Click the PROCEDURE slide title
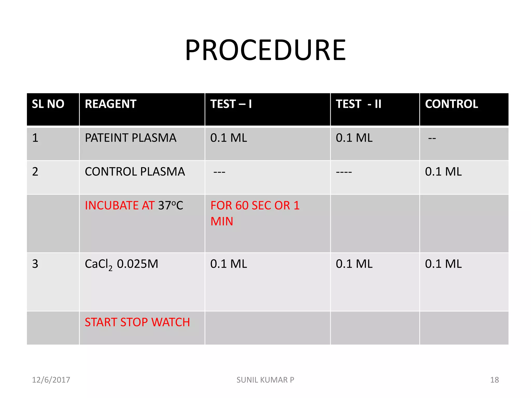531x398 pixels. click(x=265, y=50)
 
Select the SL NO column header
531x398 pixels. click(x=48, y=104)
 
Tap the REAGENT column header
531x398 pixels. click(x=110, y=104)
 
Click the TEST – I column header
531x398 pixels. click(x=231, y=104)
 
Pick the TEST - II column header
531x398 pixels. click(x=358, y=104)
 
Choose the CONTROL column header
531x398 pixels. click(x=451, y=104)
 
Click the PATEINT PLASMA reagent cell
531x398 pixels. click(x=130, y=138)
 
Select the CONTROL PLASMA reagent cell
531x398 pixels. click(x=135, y=172)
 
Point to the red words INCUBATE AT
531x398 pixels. click(x=120, y=205)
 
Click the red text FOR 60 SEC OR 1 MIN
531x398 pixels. click(x=255, y=213)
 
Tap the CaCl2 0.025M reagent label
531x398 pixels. click(x=121, y=264)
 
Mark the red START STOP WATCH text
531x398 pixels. click(x=137, y=322)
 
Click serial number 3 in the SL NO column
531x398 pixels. click(x=35, y=264)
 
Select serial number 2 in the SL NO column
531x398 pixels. click(x=35, y=172)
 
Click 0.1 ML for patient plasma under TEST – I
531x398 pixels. click(x=228, y=138)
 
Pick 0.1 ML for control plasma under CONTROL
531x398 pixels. click(x=443, y=172)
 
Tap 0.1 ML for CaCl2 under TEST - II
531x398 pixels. click(x=354, y=264)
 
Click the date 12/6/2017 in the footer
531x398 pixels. click(x=51, y=380)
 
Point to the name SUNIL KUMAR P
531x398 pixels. click(x=265, y=380)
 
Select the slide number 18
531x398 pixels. click(x=494, y=380)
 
